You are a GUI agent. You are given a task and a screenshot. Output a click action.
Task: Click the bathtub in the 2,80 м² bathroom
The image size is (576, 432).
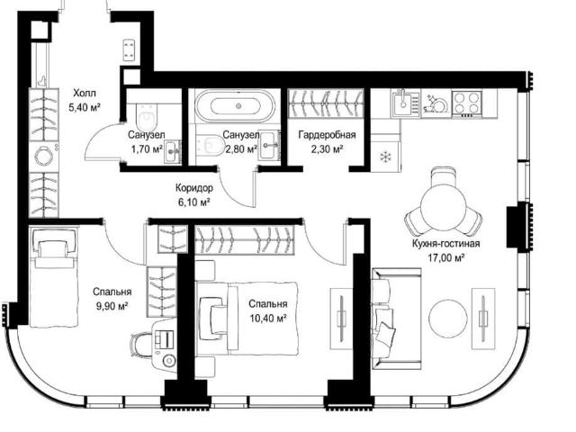click(238, 105)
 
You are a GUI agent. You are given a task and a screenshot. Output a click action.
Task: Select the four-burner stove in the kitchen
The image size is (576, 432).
click(466, 103)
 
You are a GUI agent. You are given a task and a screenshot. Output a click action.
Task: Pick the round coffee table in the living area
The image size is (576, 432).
click(448, 317)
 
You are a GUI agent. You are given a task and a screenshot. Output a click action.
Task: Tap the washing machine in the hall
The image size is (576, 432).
click(44, 157)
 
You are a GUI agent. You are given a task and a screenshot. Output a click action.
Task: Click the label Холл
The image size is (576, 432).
click(84, 93)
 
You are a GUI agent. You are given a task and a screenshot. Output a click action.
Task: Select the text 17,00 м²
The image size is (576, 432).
click(445, 257)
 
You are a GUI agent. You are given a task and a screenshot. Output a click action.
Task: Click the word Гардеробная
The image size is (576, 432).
click(327, 135)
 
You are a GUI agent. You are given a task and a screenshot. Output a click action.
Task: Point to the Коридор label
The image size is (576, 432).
click(194, 188)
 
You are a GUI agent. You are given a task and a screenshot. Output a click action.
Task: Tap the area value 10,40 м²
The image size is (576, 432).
click(268, 318)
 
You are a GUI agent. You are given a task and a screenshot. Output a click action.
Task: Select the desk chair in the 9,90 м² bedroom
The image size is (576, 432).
click(139, 345)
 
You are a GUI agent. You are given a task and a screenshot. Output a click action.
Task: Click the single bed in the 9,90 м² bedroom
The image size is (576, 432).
click(54, 277)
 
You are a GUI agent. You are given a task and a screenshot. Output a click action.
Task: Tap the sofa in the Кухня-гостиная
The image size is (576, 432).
click(395, 319)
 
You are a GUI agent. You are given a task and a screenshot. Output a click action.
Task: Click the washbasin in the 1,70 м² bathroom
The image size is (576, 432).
click(172, 151)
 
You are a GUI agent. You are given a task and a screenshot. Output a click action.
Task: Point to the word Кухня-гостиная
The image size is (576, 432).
click(446, 244)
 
